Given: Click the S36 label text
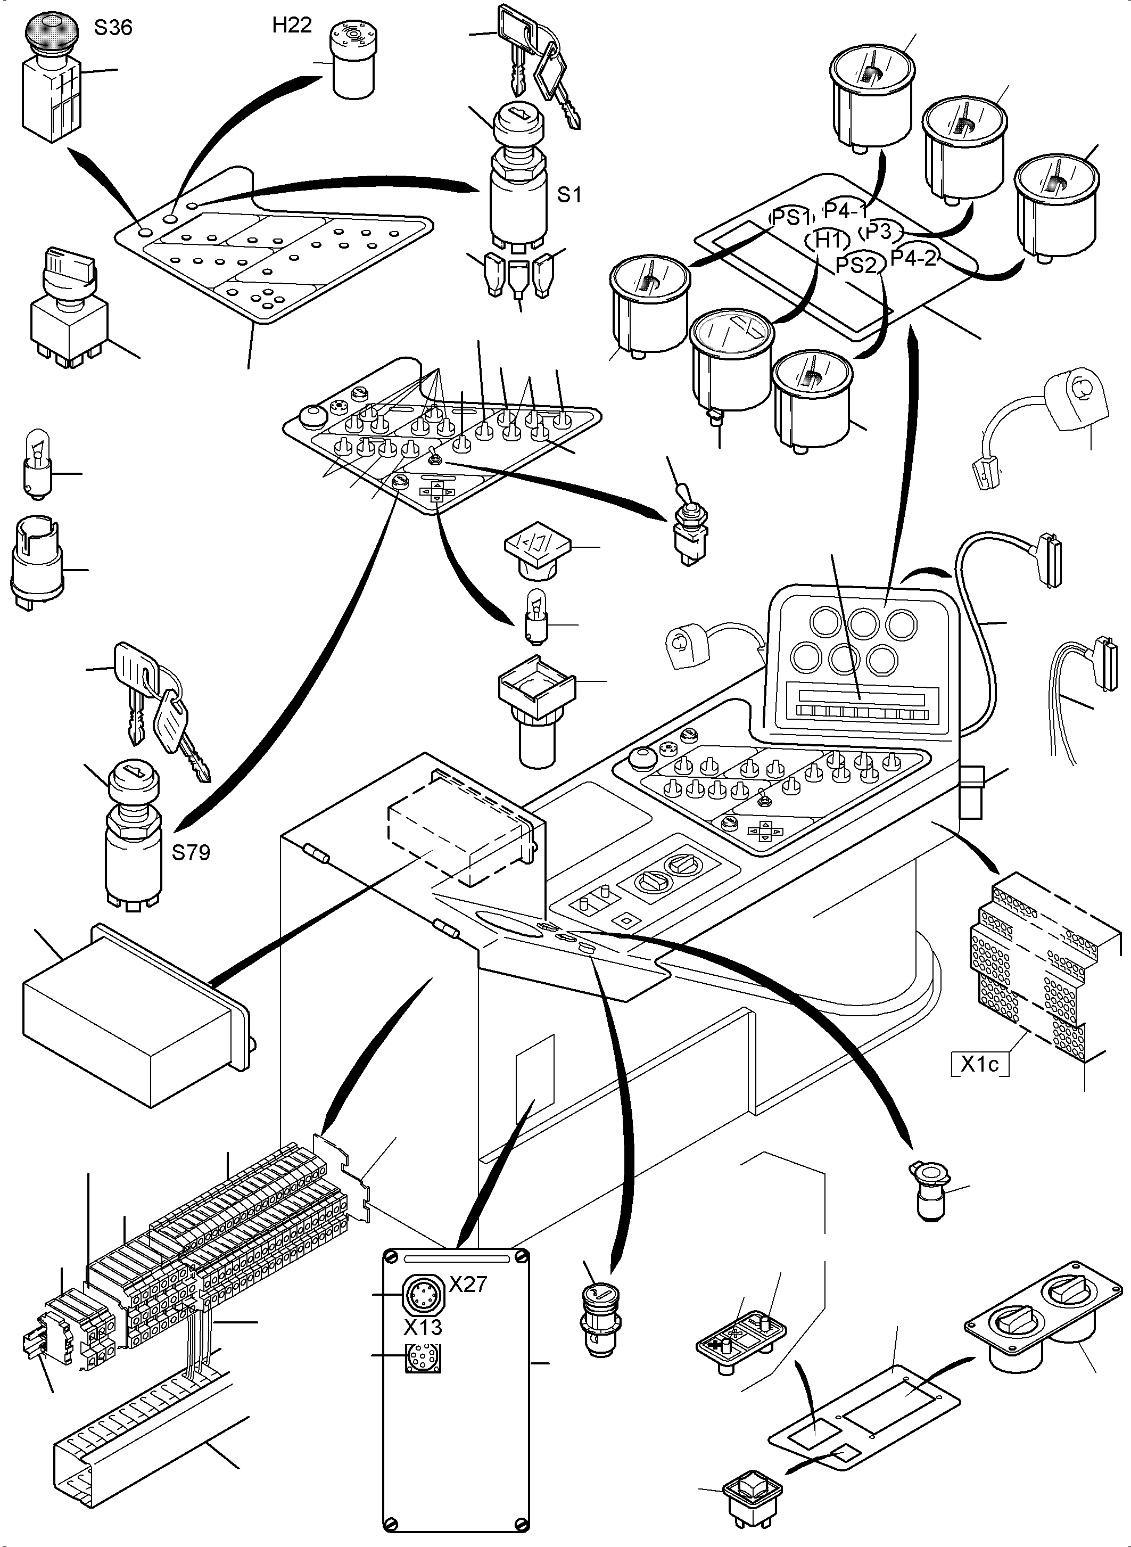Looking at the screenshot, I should pos(112,28).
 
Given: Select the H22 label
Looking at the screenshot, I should pos(292,26).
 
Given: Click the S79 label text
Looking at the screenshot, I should pos(191,853).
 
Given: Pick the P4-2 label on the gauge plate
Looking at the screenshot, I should pos(913,259).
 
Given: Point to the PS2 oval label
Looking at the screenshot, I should pos(856,265).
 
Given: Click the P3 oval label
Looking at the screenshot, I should pos(881,232).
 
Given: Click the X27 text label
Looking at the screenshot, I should pos(468,1284).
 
